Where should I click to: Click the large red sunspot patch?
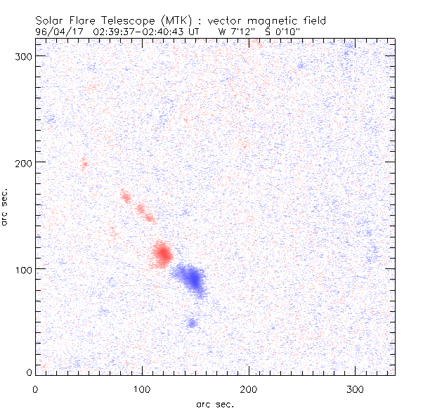click(x=162, y=254)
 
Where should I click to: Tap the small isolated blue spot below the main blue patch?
click(x=193, y=323)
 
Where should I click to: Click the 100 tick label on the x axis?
click(x=142, y=389)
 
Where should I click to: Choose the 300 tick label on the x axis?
click(x=355, y=389)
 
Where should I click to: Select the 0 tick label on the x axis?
click(x=35, y=389)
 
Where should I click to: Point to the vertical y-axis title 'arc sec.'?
click(x=6, y=206)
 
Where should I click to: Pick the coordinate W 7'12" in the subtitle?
click(x=235, y=32)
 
